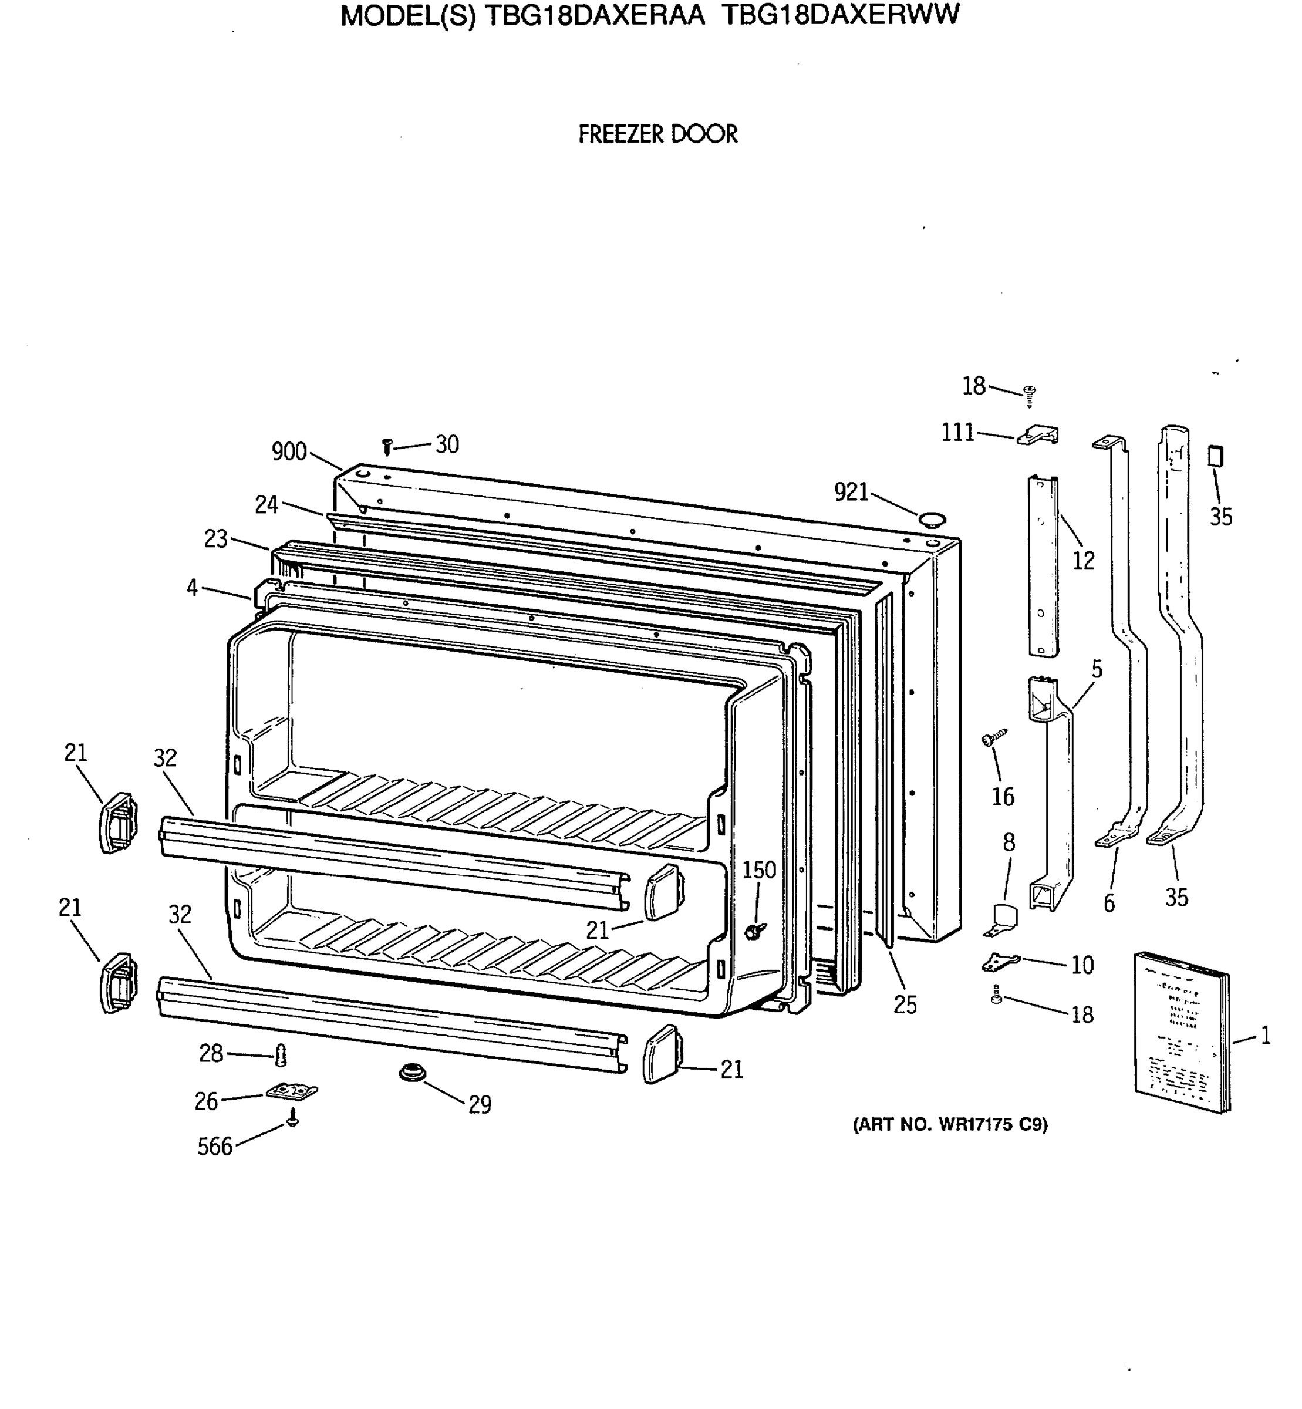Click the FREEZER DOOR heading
(657, 134)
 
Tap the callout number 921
(851, 493)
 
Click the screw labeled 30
(386, 446)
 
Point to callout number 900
(289, 451)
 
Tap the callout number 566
(215, 1147)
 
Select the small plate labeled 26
(292, 1091)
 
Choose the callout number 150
(759, 870)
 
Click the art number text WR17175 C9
(950, 1125)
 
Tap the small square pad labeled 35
(1215, 456)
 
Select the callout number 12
(1084, 561)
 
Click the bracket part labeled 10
(1000, 961)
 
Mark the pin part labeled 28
(281, 1056)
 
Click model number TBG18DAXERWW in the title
(840, 15)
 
